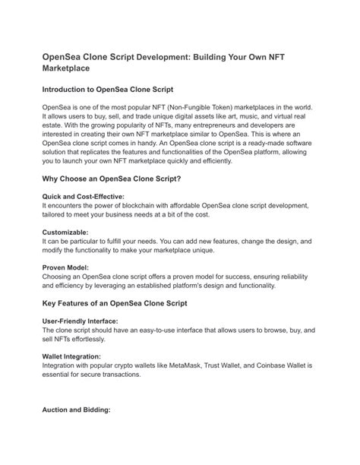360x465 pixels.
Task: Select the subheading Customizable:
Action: pos(65,232)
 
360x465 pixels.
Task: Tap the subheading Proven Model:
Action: pos(65,267)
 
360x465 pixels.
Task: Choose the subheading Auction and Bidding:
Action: pos(77,410)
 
